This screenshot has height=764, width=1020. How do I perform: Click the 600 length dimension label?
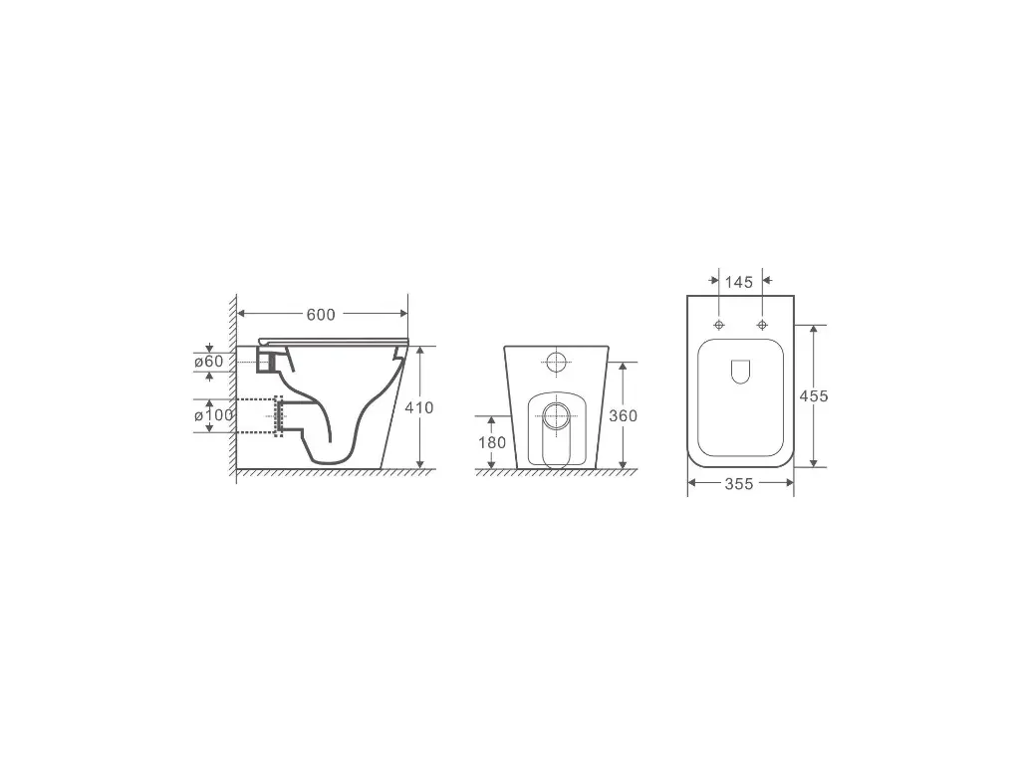pyautogui.click(x=321, y=315)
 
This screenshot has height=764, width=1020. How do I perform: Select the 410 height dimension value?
pyautogui.click(x=419, y=407)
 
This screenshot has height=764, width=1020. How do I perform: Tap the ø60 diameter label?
pyautogui.click(x=209, y=362)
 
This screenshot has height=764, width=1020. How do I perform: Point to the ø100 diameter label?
pyautogui.click(x=213, y=414)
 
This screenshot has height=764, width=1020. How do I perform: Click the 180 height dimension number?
pyautogui.click(x=492, y=442)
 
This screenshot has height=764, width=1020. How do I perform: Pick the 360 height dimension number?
pyautogui.click(x=623, y=415)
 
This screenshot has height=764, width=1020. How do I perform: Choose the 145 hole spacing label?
pyautogui.click(x=739, y=282)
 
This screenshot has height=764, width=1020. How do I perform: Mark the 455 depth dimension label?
pyautogui.click(x=814, y=395)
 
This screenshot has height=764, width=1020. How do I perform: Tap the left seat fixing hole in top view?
pyautogui.click(x=719, y=326)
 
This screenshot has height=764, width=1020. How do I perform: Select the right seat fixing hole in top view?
pyautogui.click(x=762, y=326)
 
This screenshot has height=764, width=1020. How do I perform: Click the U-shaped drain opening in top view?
pyautogui.click(x=740, y=371)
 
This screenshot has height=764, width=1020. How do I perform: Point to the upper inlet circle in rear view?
pyautogui.click(x=557, y=362)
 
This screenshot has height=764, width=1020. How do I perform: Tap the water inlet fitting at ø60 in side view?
pyautogui.click(x=266, y=360)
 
